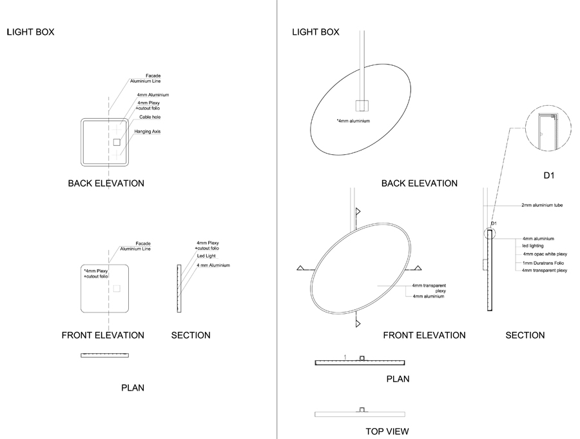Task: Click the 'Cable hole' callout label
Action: (x=150, y=117)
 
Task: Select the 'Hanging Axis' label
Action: (x=147, y=132)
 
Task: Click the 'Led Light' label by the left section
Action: (x=206, y=256)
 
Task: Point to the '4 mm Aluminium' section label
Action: (x=213, y=265)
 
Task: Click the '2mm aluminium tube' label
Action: (x=543, y=205)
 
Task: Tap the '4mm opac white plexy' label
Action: (x=545, y=254)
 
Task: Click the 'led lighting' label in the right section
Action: (x=534, y=246)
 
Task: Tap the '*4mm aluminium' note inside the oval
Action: (x=353, y=121)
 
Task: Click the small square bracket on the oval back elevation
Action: (x=362, y=106)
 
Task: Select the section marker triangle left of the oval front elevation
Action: (x=300, y=267)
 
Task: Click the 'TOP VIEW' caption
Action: (x=387, y=431)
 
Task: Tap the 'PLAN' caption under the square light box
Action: (x=133, y=388)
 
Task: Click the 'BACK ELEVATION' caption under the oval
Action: (x=419, y=183)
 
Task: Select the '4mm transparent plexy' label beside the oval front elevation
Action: (x=429, y=288)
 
